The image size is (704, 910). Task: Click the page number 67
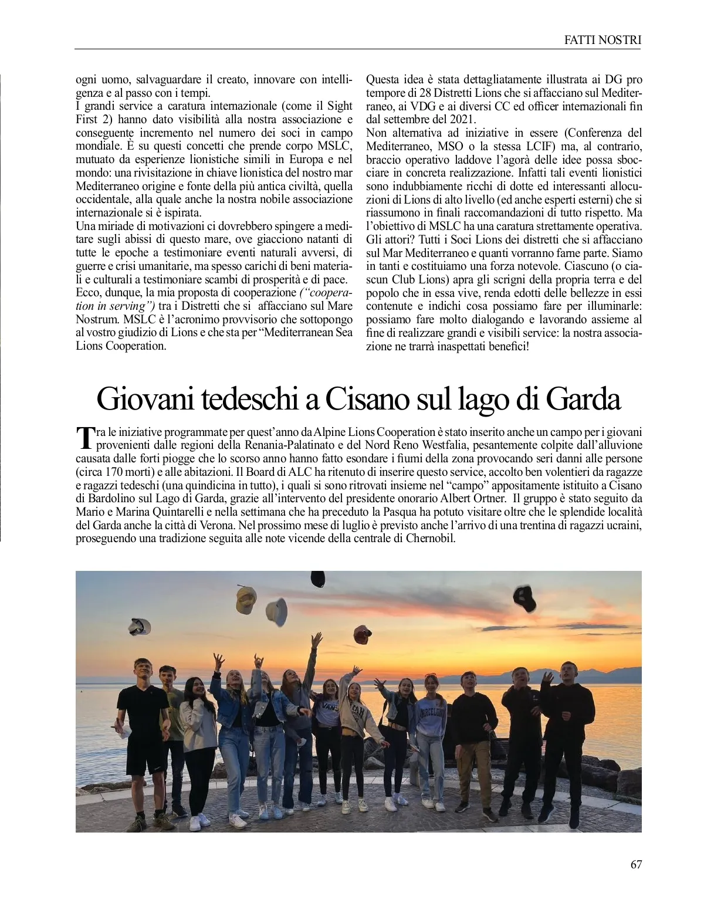click(x=636, y=864)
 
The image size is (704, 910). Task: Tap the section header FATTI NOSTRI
click(x=603, y=40)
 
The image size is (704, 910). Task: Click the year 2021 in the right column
click(x=462, y=120)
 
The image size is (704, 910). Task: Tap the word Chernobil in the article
click(x=430, y=538)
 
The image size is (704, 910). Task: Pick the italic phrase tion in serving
click(x=115, y=306)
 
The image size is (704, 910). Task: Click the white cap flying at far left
click(x=140, y=627)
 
